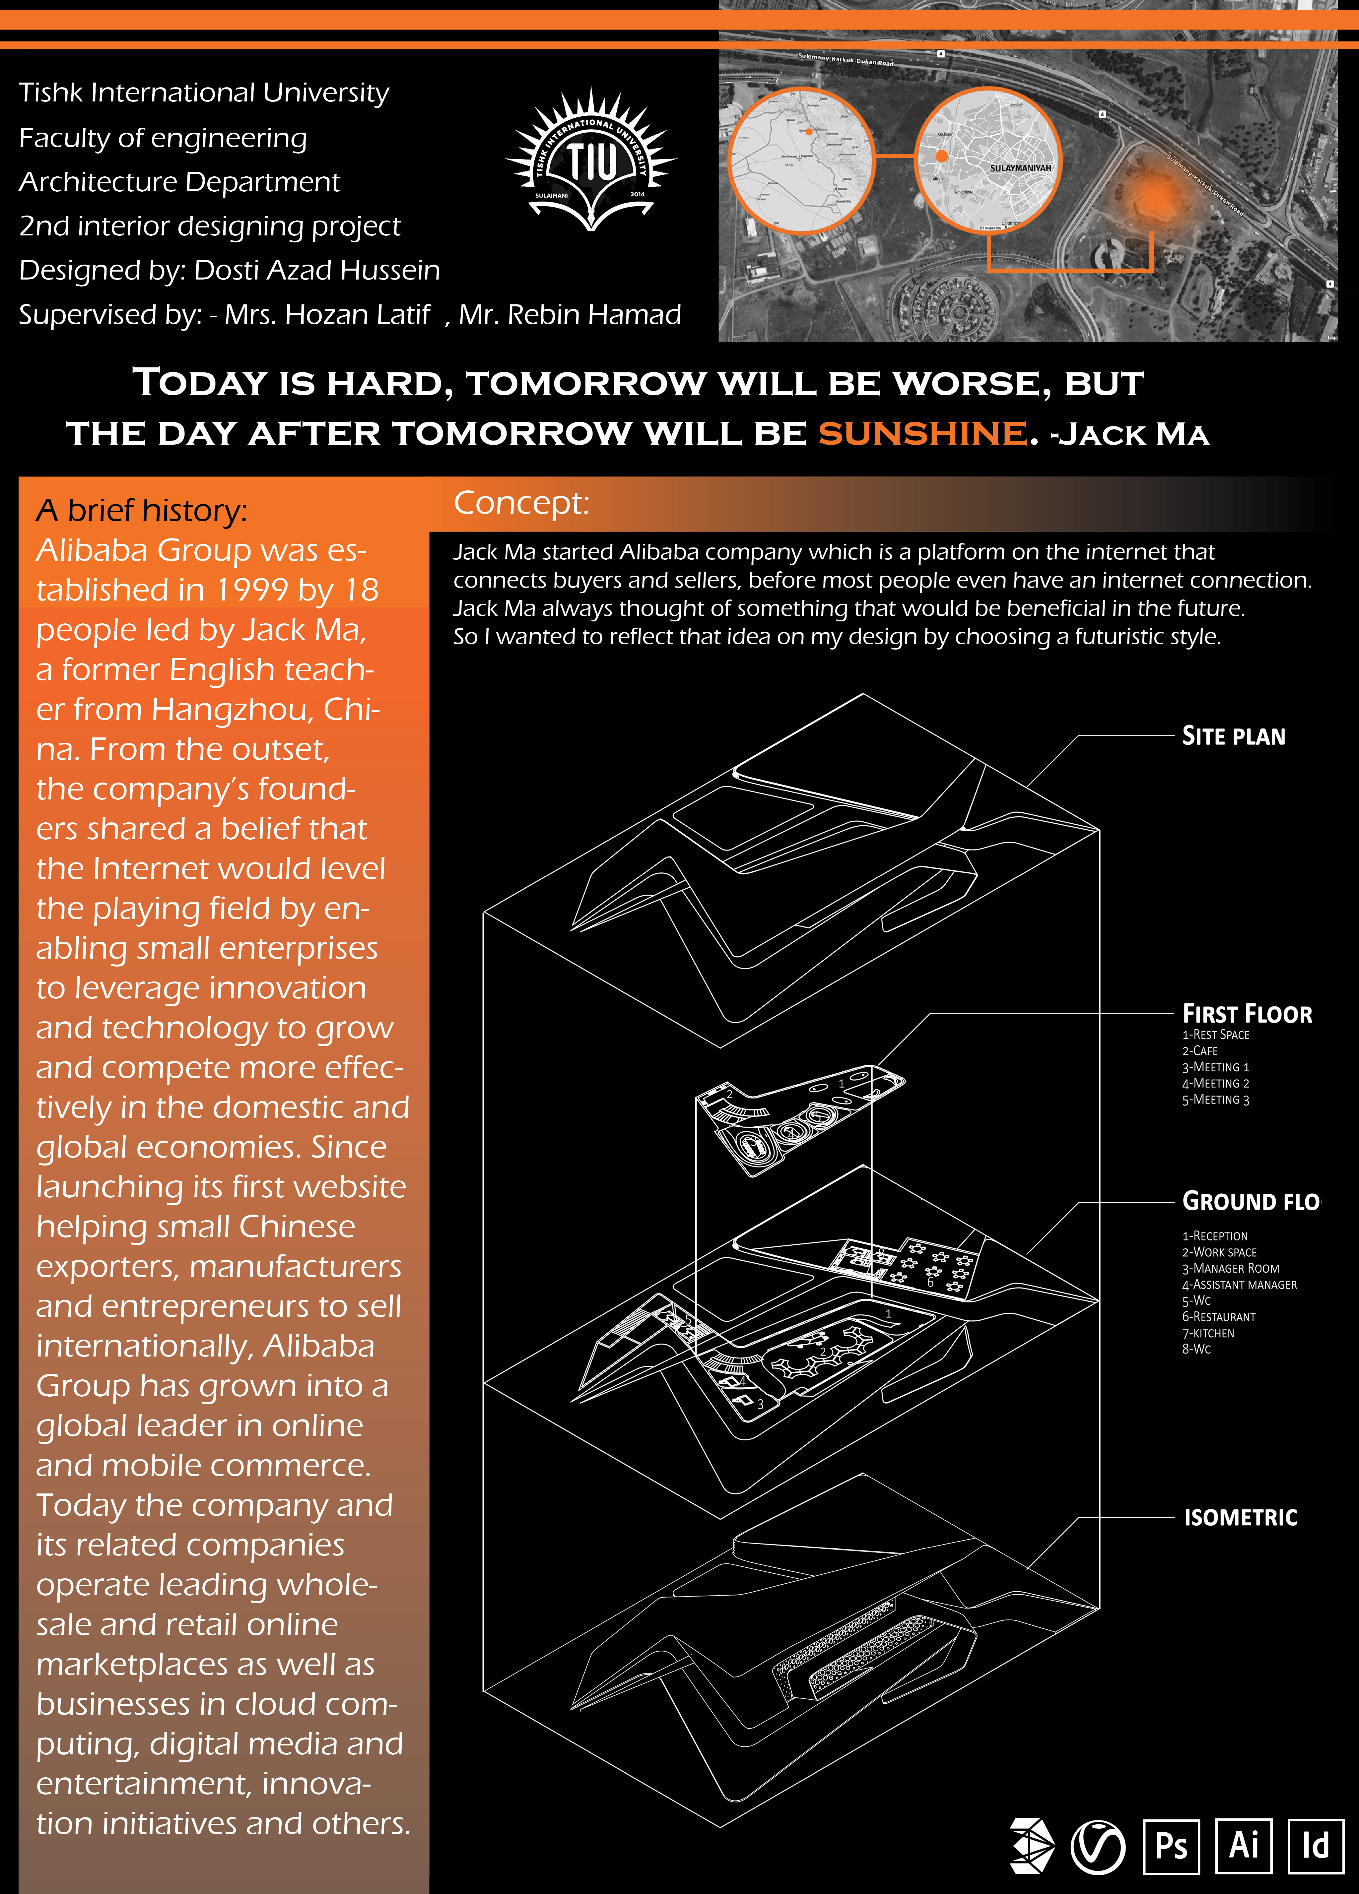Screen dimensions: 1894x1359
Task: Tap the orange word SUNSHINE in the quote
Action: pos(921,433)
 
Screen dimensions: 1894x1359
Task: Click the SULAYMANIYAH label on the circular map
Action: pos(1020,168)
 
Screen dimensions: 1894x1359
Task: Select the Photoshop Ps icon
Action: pos(1171,1846)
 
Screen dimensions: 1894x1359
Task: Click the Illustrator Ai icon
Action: pos(1244,1846)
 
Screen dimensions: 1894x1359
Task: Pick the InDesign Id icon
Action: pos(1316,1846)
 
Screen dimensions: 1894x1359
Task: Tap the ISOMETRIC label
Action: pos(1240,1517)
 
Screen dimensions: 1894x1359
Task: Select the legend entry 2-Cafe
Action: pos(1199,1050)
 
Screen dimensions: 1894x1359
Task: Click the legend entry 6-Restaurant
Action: pos(1219,1317)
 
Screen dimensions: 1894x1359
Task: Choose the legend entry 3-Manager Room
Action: pos(1230,1268)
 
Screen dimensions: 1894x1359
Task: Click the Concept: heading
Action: pos(521,503)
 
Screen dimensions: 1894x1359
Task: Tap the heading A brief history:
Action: pos(141,510)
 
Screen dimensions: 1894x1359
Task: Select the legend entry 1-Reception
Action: pos(1214,1236)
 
